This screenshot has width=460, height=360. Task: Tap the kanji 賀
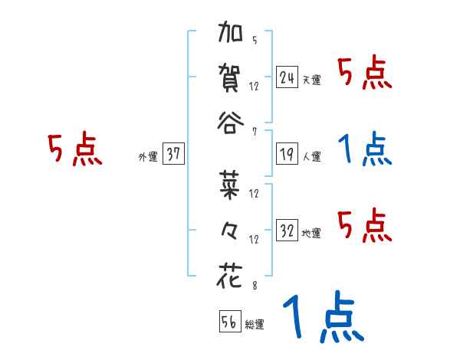coord(231,78)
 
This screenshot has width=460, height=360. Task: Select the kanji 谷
coord(231,123)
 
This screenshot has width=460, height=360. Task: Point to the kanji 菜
coord(231,186)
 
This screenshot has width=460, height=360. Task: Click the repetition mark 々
coord(231,231)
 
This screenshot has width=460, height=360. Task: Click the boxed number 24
coord(287,77)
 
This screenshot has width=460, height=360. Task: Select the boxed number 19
coord(287,155)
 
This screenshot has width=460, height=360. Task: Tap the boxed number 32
coord(287,231)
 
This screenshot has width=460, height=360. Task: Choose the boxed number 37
coord(172,155)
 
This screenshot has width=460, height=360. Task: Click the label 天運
coord(311,80)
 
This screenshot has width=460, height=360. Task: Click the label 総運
coord(254,325)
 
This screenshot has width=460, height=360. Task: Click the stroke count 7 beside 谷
coord(255,131)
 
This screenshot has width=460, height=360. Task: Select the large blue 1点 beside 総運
coord(323,317)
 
